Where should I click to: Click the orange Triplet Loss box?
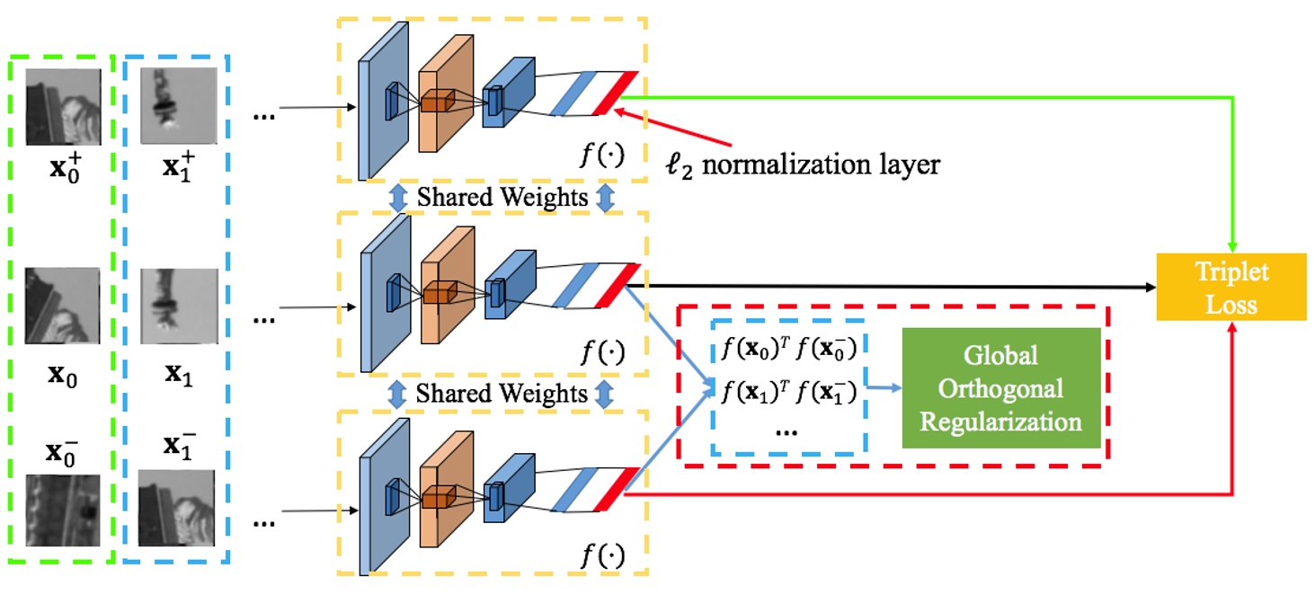(1231, 287)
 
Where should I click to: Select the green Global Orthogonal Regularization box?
(1001, 387)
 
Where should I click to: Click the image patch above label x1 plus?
(179, 105)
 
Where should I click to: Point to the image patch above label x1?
(179, 306)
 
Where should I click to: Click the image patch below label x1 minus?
(176, 508)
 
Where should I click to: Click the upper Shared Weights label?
(502, 197)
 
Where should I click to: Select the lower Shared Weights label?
(502, 394)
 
